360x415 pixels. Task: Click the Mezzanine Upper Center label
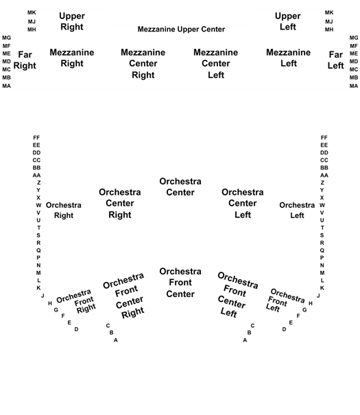[x=181, y=29]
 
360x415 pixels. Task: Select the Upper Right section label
[x=72, y=21]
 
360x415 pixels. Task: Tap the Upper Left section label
[x=288, y=21]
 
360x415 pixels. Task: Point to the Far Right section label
[x=25, y=60]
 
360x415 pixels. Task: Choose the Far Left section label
[x=336, y=60]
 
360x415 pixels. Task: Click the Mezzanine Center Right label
[x=143, y=64]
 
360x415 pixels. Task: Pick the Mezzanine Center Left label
[x=216, y=64]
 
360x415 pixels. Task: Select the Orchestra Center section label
[x=180, y=187]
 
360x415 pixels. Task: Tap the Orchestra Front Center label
[x=180, y=283]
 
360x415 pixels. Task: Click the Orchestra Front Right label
[x=76, y=301]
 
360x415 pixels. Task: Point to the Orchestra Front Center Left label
[x=237, y=294]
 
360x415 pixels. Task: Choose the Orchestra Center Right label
[x=120, y=203]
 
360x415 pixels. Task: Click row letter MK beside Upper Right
[x=32, y=12]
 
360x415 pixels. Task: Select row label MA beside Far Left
[x=354, y=86]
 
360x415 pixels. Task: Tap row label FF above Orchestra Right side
[x=36, y=138]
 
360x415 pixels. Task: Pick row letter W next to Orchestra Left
[x=322, y=205]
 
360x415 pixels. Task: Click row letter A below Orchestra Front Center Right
[x=116, y=340]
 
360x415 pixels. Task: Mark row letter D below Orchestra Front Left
[x=284, y=329]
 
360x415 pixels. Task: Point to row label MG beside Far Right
[x=6, y=38]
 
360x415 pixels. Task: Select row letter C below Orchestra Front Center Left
[x=252, y=326]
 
